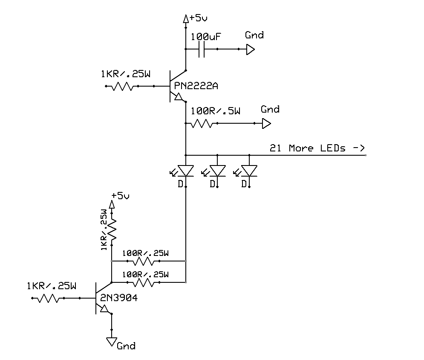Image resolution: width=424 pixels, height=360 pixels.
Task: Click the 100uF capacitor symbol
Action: [202, 49]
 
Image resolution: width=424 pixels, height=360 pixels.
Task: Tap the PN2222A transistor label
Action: [196, 86]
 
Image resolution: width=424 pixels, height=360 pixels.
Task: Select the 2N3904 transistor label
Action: [119, 298]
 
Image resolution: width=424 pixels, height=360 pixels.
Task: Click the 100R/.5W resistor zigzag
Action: [202, 123]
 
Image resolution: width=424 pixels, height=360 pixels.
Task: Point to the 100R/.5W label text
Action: [216, 111]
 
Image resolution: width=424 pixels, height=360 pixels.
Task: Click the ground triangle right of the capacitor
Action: [251, 49]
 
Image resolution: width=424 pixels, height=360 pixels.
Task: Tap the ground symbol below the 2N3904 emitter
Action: [112, 342]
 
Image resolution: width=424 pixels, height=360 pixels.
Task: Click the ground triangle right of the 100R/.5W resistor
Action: [266, 124]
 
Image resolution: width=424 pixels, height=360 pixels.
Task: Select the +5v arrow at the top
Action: [186, 19]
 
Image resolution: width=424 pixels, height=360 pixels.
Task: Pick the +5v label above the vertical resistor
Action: [120, 195]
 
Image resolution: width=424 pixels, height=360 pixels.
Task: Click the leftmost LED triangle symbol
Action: [186, 171]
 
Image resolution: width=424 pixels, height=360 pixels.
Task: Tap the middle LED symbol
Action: [217, 171]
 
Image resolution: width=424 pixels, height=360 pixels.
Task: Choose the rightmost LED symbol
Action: [249, 171]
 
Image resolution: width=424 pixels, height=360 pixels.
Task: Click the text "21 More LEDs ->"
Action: [317, 148]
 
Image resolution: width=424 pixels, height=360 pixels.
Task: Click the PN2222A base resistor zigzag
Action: [122, 86]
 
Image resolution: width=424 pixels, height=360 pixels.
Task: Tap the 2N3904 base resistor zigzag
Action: [48, 298]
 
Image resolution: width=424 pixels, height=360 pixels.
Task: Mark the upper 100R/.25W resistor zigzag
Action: [143, 261]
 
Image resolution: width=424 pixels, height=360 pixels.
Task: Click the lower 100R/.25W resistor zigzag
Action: [143, 283]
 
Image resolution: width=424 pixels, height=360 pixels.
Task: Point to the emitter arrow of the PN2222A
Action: [178, 97]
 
